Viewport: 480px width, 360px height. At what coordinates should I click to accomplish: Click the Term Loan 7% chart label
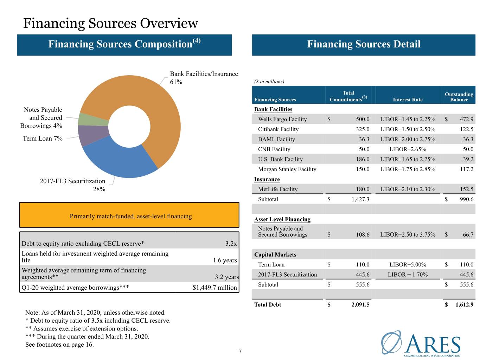[43, 139]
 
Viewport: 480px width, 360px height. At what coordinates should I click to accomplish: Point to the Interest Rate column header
[408, 100]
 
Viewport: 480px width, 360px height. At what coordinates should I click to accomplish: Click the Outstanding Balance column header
[459, 97]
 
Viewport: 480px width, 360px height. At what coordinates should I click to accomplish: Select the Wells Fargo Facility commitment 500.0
[363, 119]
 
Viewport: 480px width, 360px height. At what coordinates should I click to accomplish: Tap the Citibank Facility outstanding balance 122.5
[467, 129]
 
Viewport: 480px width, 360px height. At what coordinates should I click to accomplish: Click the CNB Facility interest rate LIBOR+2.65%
[408, 149]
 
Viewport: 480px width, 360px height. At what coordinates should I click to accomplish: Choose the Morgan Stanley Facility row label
[287, 169]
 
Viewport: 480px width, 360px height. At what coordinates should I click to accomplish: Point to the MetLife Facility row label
[278, 189]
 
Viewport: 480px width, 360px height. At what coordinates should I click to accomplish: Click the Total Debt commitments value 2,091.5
[360, 304]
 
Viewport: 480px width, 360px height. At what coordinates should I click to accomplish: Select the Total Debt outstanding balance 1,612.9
[465, 304]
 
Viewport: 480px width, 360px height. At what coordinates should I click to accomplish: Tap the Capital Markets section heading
[275, 255]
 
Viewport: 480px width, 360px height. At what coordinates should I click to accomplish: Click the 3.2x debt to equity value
[231, 244]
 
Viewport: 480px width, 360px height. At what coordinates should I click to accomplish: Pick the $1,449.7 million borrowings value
[215, 288]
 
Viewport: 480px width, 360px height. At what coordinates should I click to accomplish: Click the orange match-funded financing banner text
[131, 216]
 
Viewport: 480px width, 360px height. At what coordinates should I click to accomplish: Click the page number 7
[240, 351]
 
